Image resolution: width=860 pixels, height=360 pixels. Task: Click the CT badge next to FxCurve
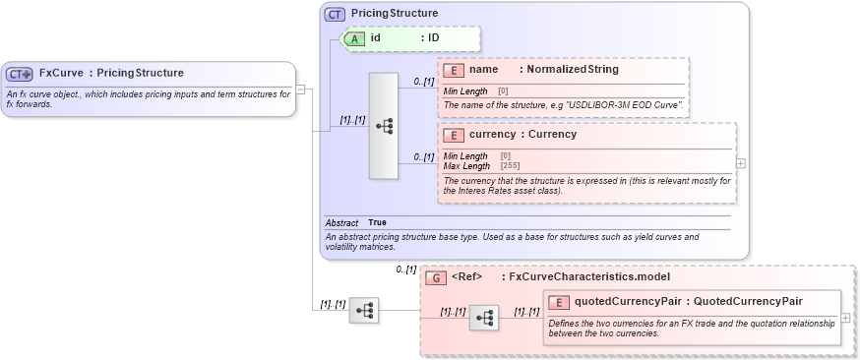(x=20, y=74)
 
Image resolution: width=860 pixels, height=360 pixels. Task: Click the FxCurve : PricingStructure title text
(x=111, y=73)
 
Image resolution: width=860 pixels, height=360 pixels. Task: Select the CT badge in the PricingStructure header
(x=335, y=15)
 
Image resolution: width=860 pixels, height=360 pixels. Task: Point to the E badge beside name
(x=455, y=70)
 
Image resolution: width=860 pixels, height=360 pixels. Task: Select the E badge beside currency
(x=455, y=135)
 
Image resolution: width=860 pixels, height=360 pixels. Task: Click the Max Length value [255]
(x=510, y=165)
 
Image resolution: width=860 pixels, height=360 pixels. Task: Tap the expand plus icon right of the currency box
(x=741, y=163)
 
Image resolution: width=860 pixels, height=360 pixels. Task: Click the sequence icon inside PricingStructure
(x=384, y=126)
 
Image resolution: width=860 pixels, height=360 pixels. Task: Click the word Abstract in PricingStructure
(x=341, y=223)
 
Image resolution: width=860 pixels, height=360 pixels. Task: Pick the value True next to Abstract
(x=377, y=223)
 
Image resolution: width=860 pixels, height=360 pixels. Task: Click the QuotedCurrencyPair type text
(x=743, y=302)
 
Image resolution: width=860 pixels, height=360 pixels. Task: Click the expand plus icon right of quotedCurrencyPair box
(x=846, y=318)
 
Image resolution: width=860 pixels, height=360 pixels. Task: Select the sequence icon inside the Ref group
(x=483, y=318)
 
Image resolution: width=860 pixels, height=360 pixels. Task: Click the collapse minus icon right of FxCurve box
(x=301, y=90)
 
